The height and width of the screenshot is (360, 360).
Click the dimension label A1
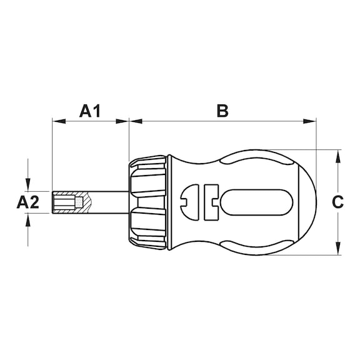[90, 111]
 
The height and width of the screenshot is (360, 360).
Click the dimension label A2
[28, 202]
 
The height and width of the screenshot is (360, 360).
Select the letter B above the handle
[222, 111]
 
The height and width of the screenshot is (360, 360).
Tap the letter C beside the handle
[337, 202]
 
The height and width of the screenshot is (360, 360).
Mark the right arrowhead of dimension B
[312, 121]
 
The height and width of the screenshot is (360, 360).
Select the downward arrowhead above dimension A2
[28, 186]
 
